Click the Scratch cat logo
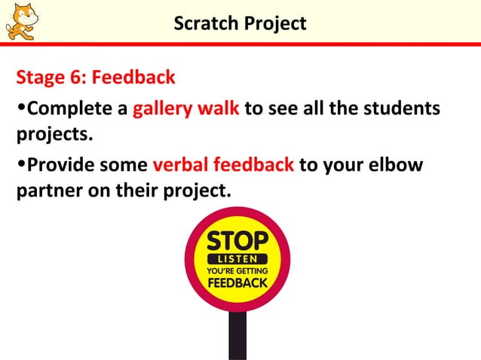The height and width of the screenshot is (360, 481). (x=20, y=20)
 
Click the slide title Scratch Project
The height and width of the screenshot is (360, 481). (x=240, y=24)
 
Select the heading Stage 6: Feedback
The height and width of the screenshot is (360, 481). (x=96, y=78)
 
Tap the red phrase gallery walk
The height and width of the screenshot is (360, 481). (x=186, y=109)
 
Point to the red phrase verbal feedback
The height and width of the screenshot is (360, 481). (x=223, y=165)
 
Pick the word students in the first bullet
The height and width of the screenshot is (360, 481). (x=408, y=109)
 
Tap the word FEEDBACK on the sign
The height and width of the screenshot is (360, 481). (x=237, y=283)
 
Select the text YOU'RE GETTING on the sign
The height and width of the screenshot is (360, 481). (x=237, y=270)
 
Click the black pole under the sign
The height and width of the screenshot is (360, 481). (x=237, y=335)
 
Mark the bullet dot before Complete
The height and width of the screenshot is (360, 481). (x=21, y=110)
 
